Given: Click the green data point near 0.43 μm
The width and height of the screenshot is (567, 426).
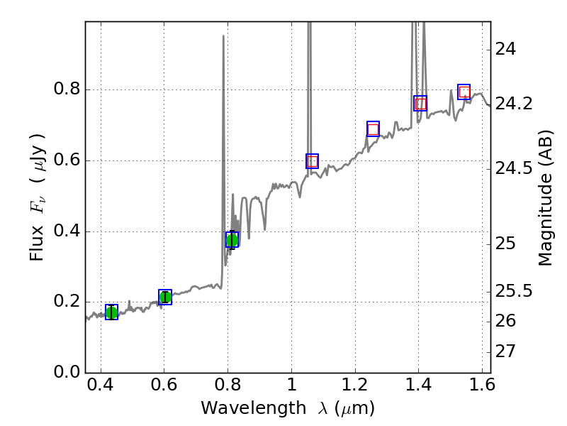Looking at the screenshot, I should (111, 312).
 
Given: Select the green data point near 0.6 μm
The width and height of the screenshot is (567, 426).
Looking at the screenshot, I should (165, 297).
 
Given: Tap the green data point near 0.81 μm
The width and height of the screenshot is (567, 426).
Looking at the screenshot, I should (232, 239).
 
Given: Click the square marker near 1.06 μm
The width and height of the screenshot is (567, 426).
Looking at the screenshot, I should (312, 161).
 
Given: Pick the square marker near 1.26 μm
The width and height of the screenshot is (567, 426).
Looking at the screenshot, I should (373, 129).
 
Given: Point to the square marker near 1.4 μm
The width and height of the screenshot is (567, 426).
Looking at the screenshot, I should (420, 104).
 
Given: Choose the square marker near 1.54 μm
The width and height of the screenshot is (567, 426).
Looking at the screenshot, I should (464, 92).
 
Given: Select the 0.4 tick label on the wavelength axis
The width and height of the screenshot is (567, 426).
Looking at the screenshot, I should (101, 388).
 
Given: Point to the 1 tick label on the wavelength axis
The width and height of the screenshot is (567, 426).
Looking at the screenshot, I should (291, 388).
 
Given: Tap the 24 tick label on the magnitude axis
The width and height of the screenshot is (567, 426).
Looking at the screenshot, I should (507, 50).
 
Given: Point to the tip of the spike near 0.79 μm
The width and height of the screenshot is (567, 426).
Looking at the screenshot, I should (224, 36).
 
